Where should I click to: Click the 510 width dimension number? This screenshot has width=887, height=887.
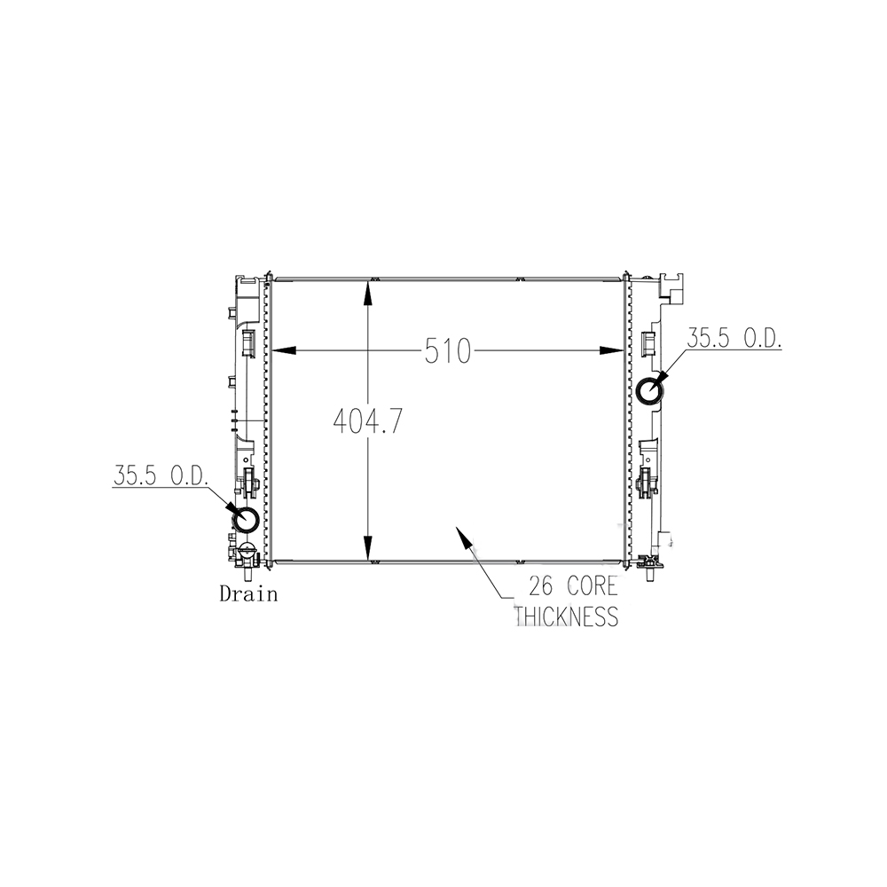447,350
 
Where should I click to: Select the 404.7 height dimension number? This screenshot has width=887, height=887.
368,421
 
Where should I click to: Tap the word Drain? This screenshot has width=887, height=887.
249,594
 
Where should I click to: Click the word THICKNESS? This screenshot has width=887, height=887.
568,616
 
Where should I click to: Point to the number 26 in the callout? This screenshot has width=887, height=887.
541,586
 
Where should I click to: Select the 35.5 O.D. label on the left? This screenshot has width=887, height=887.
161,475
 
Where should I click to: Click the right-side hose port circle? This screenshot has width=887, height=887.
650,391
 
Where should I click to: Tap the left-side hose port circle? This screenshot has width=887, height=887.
246,519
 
